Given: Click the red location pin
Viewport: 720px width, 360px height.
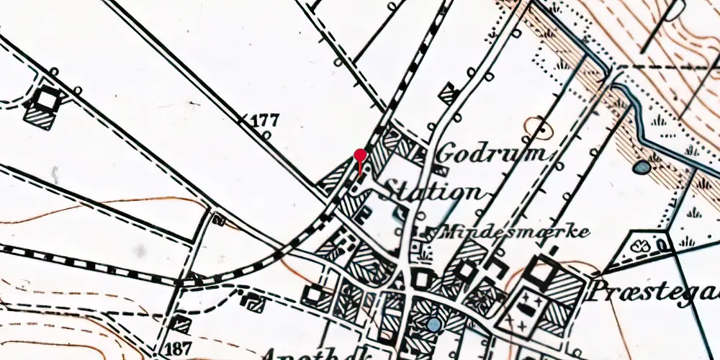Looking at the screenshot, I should [x=361, y=156].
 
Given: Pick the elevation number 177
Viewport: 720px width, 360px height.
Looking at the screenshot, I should [x=264, y=120].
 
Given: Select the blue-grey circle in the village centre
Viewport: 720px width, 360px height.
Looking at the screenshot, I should [x=433, y=325].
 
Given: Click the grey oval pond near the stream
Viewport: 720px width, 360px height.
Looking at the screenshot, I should [x=641, y=168].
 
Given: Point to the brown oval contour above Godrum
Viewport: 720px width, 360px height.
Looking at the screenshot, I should [x=538, y=127].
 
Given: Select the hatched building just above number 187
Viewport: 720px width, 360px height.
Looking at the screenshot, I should [x=181, y=323].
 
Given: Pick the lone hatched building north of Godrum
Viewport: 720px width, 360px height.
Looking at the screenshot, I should [x=449, y=94].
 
